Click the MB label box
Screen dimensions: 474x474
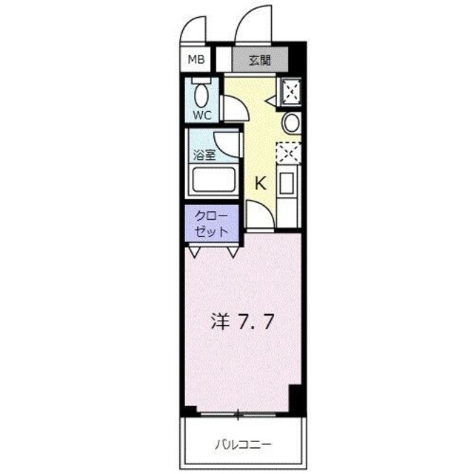point(197,60)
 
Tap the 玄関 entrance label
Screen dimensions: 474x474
point(259,60)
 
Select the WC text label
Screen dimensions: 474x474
point(202,115)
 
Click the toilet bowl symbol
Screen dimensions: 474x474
point(201,94)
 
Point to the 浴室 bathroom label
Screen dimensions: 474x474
point(205,156)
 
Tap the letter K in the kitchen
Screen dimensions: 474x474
point(261,184)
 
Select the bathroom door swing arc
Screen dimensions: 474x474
point(225,145)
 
